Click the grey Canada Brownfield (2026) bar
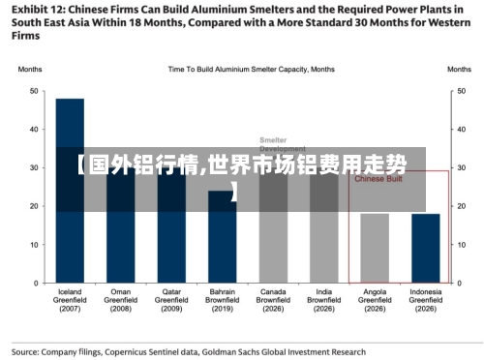pos(273,237)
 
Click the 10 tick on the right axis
pos(459,245)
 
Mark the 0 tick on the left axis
pos(35,284)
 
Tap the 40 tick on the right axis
pos(459,130)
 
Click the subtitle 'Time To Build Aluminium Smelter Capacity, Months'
pos(252,70)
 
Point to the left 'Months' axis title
pos(29,70)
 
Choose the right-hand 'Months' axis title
pos(459,70)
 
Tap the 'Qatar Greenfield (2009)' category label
pos(171,300)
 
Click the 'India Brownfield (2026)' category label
pos(323,300)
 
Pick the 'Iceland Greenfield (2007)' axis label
pos(70,300)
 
